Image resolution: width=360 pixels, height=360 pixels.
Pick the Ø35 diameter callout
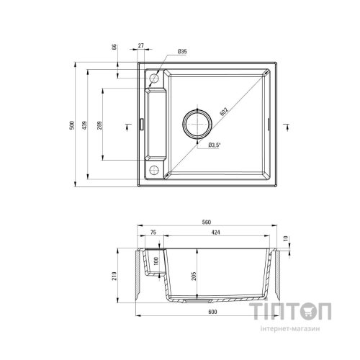click(182, 53)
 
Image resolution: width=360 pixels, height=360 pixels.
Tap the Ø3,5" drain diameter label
click(214, 146)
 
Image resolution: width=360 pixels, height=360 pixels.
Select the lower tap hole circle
click(154, 169)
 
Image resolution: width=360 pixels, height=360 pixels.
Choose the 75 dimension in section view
click(153, 233)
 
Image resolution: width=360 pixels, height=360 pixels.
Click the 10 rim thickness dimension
click(287, 238)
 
